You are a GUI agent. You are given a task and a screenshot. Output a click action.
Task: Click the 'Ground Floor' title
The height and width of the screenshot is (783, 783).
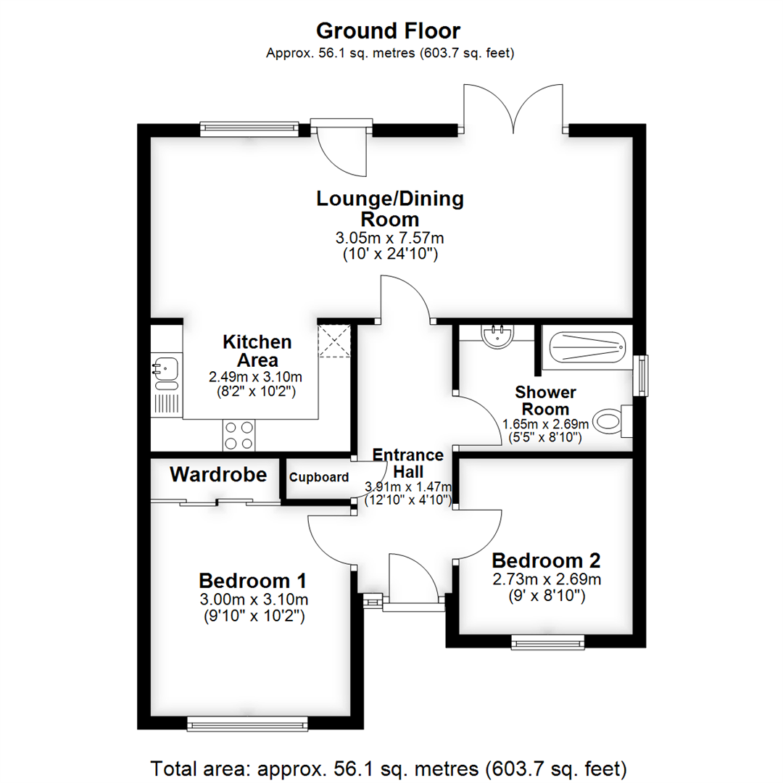click(388, 31)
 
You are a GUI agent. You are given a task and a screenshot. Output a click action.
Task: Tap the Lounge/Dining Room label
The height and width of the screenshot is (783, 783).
click(390, 209)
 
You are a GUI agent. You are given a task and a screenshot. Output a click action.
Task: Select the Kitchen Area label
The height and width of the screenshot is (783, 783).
click(257, 351)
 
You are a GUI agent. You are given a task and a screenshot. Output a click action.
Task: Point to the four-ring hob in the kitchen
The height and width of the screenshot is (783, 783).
click(239, 435)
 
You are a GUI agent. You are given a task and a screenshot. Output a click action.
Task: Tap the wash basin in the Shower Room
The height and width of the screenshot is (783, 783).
click(497, 336)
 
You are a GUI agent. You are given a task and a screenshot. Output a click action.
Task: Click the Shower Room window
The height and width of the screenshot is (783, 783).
click(640, 376)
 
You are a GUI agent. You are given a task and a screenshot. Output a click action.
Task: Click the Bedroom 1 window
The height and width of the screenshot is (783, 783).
click(247, 723)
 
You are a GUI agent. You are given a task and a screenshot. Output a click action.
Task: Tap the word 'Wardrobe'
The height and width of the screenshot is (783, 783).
click(219, 476)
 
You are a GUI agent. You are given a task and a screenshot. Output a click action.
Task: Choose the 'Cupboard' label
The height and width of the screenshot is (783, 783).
click(319, 478)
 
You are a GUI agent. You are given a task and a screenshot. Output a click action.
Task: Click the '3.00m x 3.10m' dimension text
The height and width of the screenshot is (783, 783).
click(252, 600)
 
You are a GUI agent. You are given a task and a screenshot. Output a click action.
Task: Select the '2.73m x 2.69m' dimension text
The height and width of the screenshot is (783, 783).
click(547, 579)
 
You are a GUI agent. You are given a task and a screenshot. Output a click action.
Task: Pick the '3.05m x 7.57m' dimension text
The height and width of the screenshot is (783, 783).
click(390, 238)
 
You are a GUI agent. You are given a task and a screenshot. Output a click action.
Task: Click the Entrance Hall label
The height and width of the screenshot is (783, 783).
click(408, 463)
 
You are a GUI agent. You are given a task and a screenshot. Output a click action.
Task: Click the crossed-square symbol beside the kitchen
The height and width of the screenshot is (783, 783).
click(334, 341)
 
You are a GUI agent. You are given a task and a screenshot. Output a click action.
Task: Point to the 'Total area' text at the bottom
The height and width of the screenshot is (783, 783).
click(388, 768)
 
